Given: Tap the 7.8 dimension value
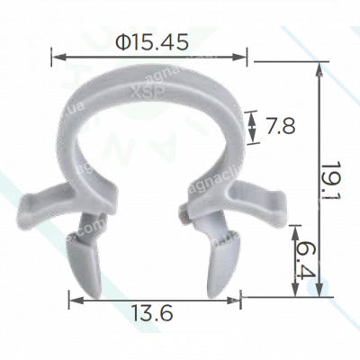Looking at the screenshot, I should [278, 126].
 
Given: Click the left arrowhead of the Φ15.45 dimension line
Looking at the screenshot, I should [60, 57].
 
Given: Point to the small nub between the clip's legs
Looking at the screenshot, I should [184, 213].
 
